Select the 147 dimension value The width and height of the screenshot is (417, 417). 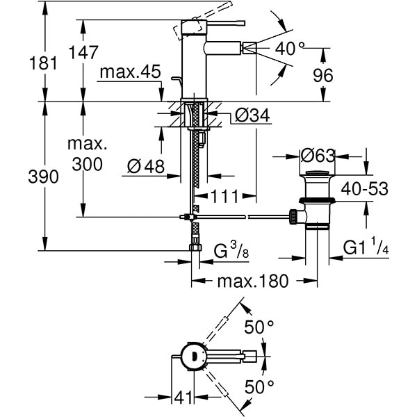click(x=83, y=53)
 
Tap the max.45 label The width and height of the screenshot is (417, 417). click(x=130, y=72)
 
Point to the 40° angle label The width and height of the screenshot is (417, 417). click(x=291, y=48)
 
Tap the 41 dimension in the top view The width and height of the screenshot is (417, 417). click(x=182, y=398)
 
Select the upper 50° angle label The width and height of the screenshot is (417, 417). click(x=259, y=327)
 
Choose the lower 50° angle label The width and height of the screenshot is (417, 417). click(x=259, y=387)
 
